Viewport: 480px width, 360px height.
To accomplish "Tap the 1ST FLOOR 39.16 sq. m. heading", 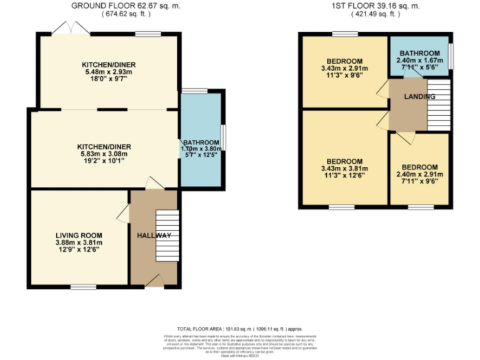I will pos(376,6).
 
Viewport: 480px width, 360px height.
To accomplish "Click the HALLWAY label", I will pos(154,235).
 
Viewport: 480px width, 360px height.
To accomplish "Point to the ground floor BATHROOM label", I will pos(201,142).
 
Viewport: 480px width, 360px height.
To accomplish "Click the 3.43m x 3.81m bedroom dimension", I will pos(344,169).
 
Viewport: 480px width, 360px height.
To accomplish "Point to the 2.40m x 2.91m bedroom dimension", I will pos(419,175).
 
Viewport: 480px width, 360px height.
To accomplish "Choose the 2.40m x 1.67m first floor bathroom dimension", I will pos(419,61).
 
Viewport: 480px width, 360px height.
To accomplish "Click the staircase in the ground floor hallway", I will pos(167,236).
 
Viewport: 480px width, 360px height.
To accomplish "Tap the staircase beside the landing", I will pos(439,105).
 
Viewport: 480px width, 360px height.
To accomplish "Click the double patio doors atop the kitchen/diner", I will pos(68,28).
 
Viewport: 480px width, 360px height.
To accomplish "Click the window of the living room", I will pos(82,287).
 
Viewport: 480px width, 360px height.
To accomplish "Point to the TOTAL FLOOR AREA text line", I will pos(240,328).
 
